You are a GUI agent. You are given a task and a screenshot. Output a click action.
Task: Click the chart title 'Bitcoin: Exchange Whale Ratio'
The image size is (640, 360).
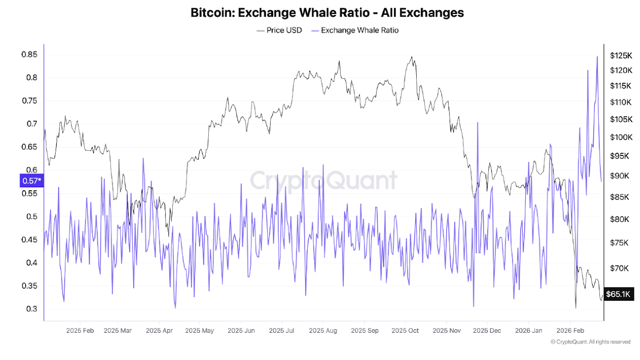pos(327,12)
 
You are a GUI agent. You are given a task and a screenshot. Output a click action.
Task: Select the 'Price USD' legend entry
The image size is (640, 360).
pos(279,30)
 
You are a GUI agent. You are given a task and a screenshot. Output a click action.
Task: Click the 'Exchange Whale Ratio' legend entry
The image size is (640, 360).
pos(359,30)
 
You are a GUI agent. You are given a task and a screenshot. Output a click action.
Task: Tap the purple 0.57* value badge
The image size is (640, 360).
pos(31,181)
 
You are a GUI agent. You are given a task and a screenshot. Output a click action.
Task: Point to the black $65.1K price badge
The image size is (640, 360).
pos(618,294)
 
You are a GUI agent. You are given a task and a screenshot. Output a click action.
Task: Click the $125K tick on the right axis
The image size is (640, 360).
pos(620,55)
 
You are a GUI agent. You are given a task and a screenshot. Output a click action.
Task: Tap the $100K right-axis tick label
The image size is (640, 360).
pos(620,137)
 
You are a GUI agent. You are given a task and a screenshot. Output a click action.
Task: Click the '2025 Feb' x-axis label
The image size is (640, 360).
pos(80,330)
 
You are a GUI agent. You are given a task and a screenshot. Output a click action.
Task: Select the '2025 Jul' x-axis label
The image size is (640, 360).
pos(281,330)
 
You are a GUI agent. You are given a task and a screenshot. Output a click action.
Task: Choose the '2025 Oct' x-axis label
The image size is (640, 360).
pos(406,330)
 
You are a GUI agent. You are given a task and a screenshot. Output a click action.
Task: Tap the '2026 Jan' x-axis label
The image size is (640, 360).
pos(528,330)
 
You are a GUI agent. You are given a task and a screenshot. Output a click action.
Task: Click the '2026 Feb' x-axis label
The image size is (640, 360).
pos(570,330)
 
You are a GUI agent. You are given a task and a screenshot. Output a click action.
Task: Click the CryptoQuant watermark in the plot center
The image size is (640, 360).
pos(324,181)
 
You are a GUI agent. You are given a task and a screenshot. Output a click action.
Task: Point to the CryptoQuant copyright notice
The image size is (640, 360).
pos(590,342)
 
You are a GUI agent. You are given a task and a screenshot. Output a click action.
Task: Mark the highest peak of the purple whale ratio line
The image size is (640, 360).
pos(597,57)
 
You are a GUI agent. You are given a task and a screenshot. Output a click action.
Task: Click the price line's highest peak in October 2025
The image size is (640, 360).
pos(412,57)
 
